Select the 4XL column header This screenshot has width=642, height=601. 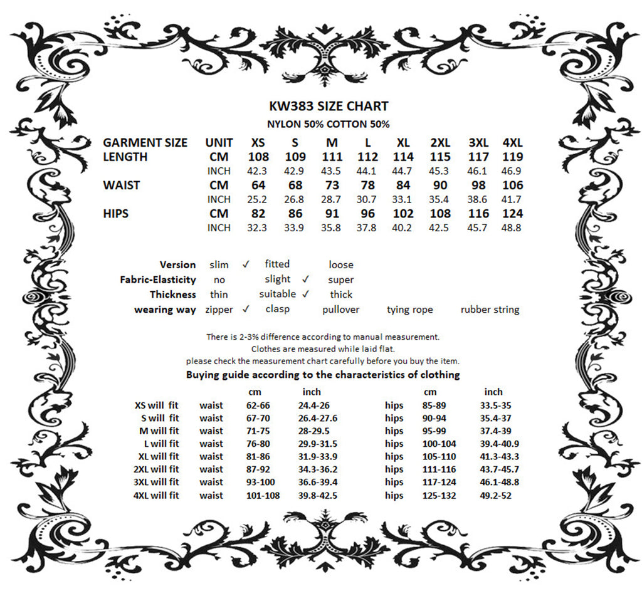pyautogui.click(x=512, y=142)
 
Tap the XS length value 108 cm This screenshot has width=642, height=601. pyautogui.click(x=258, y=157)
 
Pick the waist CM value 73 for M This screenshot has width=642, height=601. pyautogui.click(x=332, y=186)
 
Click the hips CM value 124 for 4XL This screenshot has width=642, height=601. pyautogui.click(x=512, y=214)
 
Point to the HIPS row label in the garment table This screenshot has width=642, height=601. pyautogui.click(x=116, y=214)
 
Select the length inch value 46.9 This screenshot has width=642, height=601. pyautogui.click(x=512, y=171)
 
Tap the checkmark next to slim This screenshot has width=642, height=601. pyautogui.click(x=246, y=264)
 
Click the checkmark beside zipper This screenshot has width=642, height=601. pyautogui.click(x=246, y=308)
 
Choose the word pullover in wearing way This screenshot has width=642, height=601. pyautogui.click(x=341, y=310)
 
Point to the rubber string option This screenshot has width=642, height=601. pyautogui.click(x=490, y=310)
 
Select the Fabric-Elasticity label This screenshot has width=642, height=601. pyautogui.click(x=158, y=280)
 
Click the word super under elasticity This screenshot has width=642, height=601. pyautogui.click(x=341, y=280)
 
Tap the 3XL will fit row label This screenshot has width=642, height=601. pyautogui.click(x=156, y=482)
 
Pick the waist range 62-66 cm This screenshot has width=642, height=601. pyautogui.click(x=258, y=405)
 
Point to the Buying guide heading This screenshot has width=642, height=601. pyautogui.click(x=323, y=375)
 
